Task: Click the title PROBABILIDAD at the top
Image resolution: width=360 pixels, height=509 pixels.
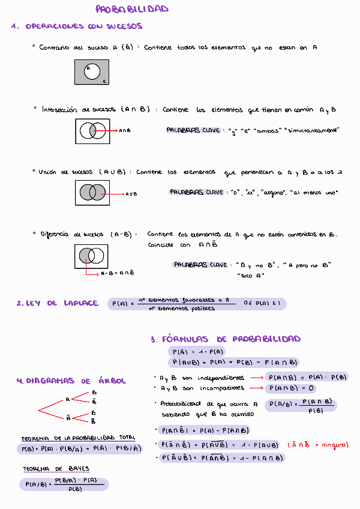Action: [x=132, y=9]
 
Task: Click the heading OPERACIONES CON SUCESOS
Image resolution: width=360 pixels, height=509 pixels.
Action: [x=84, y=26]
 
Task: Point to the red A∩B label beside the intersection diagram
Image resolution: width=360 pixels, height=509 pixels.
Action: [x=125, y=130]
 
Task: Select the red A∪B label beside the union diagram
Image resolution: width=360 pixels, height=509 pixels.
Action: [x=131, y=194]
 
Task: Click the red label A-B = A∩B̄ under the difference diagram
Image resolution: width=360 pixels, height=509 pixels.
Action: [x=117, y=273]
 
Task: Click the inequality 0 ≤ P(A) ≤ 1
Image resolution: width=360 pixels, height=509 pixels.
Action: [x=262, y=304]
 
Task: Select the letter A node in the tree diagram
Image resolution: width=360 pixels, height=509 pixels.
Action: [x=68, y=399]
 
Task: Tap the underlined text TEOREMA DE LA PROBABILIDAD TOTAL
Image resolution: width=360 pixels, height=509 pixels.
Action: [x=78, y=438]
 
